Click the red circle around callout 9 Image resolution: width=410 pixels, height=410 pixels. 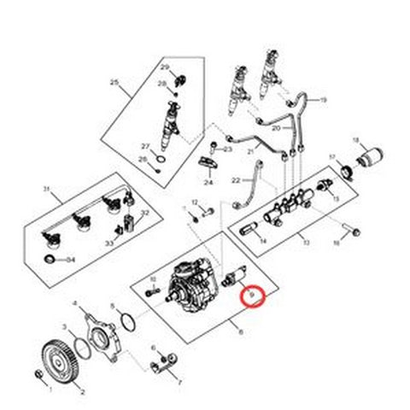[x=254, y=296]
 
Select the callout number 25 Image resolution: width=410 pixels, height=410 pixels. [x=114, y=83]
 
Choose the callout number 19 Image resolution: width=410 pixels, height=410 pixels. [x=324, y=101]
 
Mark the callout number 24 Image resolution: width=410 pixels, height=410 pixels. [x=208, y=182]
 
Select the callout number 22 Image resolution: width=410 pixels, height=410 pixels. [x=236, y=180]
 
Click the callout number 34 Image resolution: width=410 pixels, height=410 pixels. [x=71, y=259]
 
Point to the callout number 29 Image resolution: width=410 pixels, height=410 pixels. [x=166, y=67]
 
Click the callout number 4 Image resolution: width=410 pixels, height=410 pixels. [x=75, y=303]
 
